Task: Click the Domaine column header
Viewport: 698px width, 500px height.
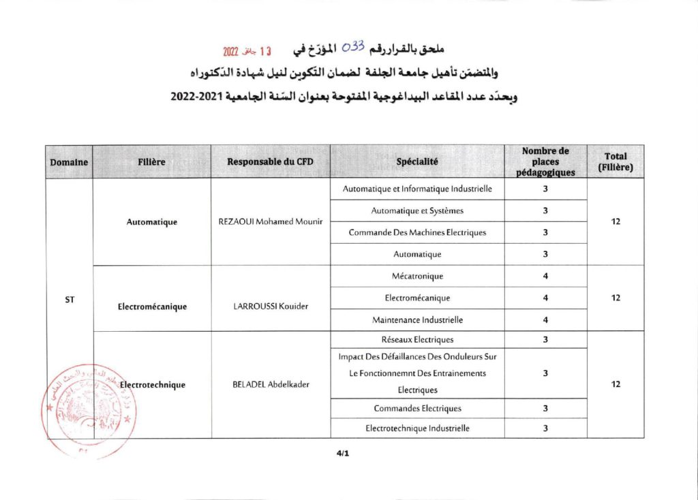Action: tap(69, 162)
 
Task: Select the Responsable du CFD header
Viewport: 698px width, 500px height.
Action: tap(271, 162)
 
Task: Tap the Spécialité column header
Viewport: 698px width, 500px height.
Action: tap(417, 162)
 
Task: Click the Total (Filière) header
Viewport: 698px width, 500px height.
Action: tap(615, 162)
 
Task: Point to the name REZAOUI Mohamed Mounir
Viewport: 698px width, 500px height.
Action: tap(271, 221)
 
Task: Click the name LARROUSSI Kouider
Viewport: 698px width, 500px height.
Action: tap(271, 306)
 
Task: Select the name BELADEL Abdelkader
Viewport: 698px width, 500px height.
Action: tap(271, 384)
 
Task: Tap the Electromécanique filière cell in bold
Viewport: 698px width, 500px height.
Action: tap(152, 306)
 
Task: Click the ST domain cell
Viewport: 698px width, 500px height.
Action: tap(70, 298)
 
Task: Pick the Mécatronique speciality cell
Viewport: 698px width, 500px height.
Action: tap(417, 276)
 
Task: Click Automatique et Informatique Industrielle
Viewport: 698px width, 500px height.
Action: tap(417, 189)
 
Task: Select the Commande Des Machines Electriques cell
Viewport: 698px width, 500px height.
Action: tap(417, 232)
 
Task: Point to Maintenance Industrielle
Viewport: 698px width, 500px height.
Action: tap(417, 319)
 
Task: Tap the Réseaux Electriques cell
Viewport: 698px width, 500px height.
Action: tap(417, 339)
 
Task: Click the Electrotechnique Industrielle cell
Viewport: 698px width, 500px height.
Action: tap(417, 428)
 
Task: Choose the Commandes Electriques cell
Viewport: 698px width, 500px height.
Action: tap(417, 408)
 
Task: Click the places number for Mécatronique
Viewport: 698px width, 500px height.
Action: tap(545, 276)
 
